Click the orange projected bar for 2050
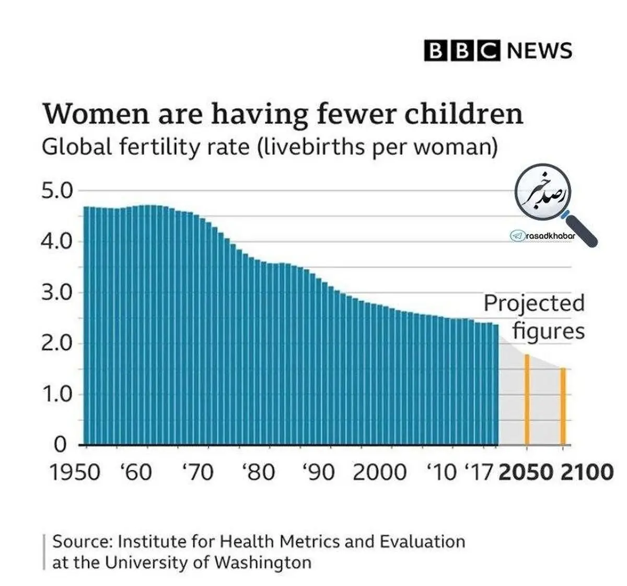click(x=527, y=400)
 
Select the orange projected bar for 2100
click(x=563, y=407)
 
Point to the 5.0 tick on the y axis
click(x=57, y=191)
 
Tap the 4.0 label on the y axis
click(x=57, y=242)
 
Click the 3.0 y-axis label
click(x=57, y=293)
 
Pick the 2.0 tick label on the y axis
click(x=57, y=344)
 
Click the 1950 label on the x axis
click(x=75, y=472)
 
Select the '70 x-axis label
click(x=198, y=472)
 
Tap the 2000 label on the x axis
click(x=379, y=472)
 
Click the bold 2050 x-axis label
click(x=526, y=472)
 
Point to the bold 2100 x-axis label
click(x=587, y=472)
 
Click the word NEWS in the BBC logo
click(x=540, y=51)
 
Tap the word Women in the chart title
click(x=96, y=114)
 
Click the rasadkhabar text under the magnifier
click(x=551, y=236)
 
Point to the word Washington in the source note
click(x=263, y=562)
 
